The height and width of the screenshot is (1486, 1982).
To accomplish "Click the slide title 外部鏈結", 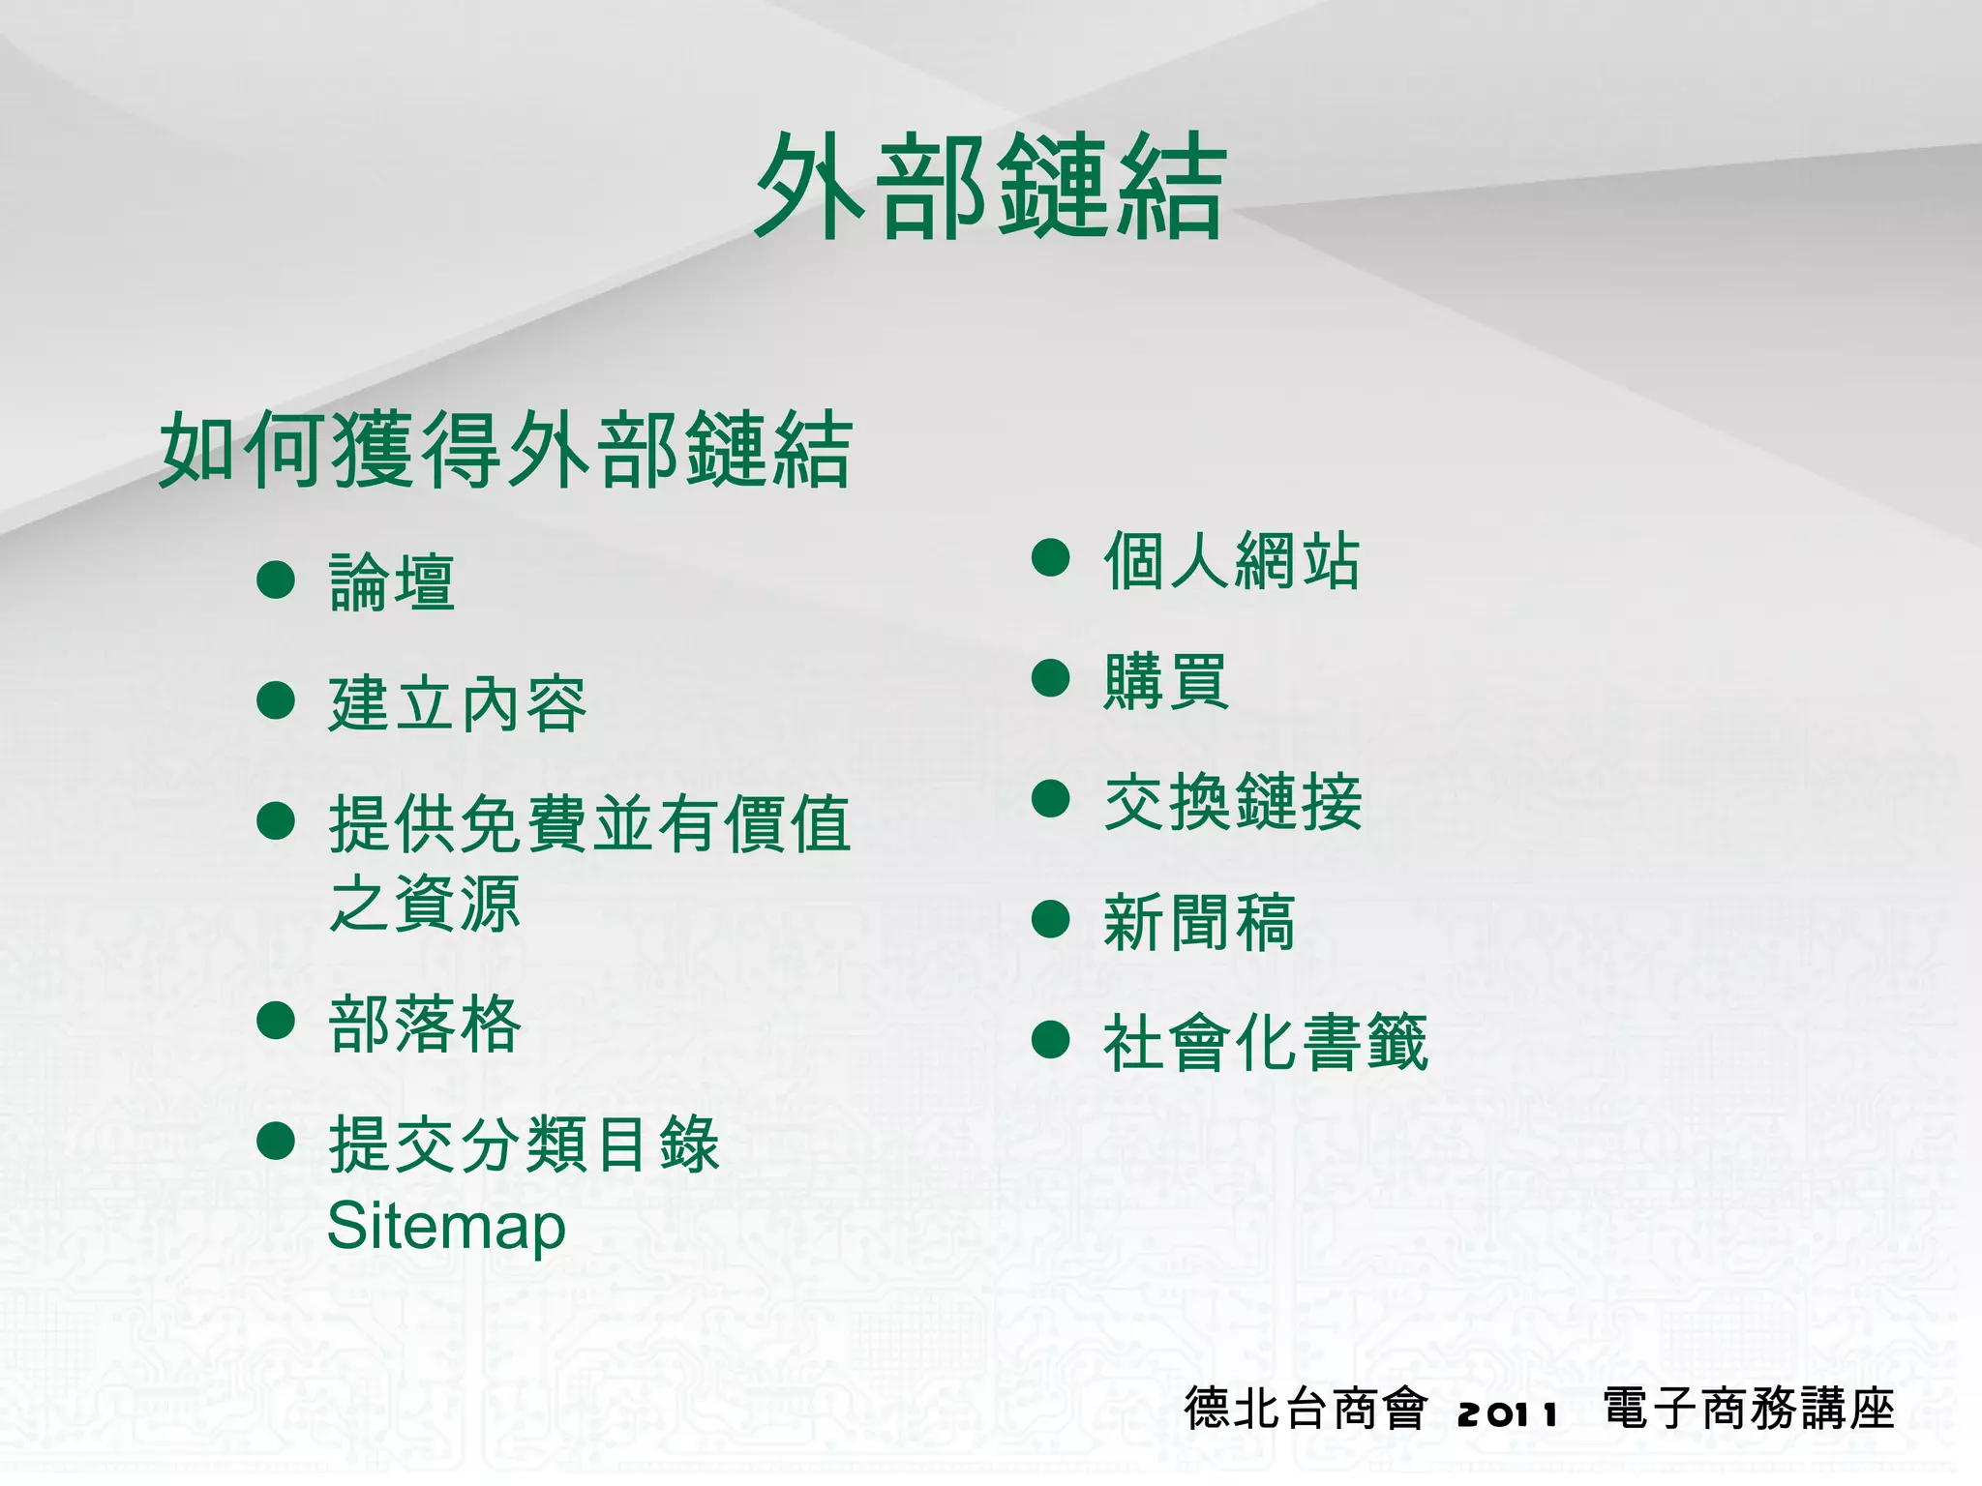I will click(990, 186).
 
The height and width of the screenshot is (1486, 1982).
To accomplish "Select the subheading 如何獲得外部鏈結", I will click(505, 450).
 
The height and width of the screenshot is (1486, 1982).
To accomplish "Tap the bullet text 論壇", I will click(392, 582).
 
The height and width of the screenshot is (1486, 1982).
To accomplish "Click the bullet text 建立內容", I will click(458, 703).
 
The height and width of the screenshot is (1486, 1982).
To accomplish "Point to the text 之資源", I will click(425, 904).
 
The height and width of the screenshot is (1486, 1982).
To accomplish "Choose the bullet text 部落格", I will click(425, 1024).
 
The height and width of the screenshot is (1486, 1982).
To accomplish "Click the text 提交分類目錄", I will click(524, 1144).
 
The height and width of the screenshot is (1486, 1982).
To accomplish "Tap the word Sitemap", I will click(446, 1227).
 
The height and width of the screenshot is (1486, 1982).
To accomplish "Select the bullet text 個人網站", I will click(1232, 560).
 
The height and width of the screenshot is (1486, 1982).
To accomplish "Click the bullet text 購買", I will click(1166, 681).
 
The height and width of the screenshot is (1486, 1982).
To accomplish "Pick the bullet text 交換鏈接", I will click(1232, 802).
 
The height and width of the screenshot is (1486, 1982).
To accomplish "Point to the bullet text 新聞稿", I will click(1199, 922).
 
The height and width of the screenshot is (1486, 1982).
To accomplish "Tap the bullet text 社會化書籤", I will click(1265, 1043).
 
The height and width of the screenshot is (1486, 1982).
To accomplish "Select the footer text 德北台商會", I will click(1306, 1409).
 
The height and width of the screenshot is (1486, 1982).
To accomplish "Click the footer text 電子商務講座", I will click(1749, 1409).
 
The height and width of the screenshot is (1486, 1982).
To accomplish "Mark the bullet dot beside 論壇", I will click(276, 580).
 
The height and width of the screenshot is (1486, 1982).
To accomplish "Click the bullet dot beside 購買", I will click(1050, 678).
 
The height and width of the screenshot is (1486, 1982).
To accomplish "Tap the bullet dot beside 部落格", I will click(276, 1021).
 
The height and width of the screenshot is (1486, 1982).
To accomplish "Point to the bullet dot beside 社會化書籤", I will click(1050, 1040).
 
